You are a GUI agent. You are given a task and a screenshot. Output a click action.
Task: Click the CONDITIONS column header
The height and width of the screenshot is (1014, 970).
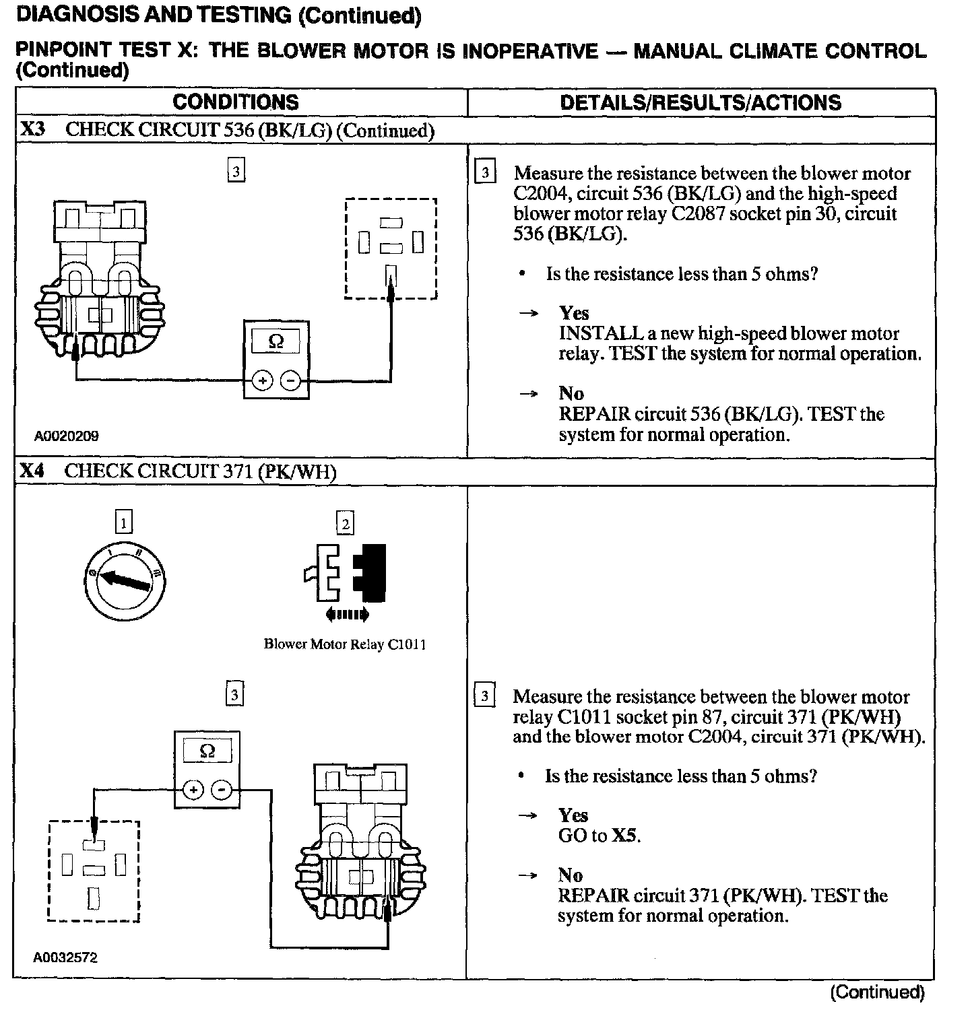pos(235,102)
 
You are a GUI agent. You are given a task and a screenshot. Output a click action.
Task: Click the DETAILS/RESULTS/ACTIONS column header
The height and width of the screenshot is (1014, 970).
pos(701,102)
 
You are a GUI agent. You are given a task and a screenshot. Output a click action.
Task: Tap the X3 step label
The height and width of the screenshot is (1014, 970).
pos(32,130)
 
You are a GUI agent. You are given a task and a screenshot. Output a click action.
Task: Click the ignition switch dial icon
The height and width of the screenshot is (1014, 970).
pos(127,579)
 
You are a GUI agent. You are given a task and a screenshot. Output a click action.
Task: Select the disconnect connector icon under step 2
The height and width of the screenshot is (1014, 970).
pos(346,573)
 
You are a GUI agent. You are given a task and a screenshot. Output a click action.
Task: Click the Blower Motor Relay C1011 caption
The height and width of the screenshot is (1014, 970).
pos(345,644)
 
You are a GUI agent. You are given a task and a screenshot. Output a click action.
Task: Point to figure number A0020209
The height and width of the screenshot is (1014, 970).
pos(66,436)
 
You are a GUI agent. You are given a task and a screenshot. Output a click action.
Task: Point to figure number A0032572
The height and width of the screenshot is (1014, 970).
pos(65,957)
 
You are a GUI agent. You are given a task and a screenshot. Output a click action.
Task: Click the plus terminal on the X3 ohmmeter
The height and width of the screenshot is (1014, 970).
pos(263,381)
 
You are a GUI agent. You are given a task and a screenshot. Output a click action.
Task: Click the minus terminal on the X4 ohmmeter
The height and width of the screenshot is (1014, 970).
pos(222,789)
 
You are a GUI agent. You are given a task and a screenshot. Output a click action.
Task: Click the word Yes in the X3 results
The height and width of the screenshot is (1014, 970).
pos(574,313)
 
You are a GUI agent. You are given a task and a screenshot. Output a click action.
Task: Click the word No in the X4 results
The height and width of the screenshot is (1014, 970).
pos(570,875)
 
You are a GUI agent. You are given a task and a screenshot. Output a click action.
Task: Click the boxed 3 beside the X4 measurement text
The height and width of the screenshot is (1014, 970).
pos(484,696)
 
